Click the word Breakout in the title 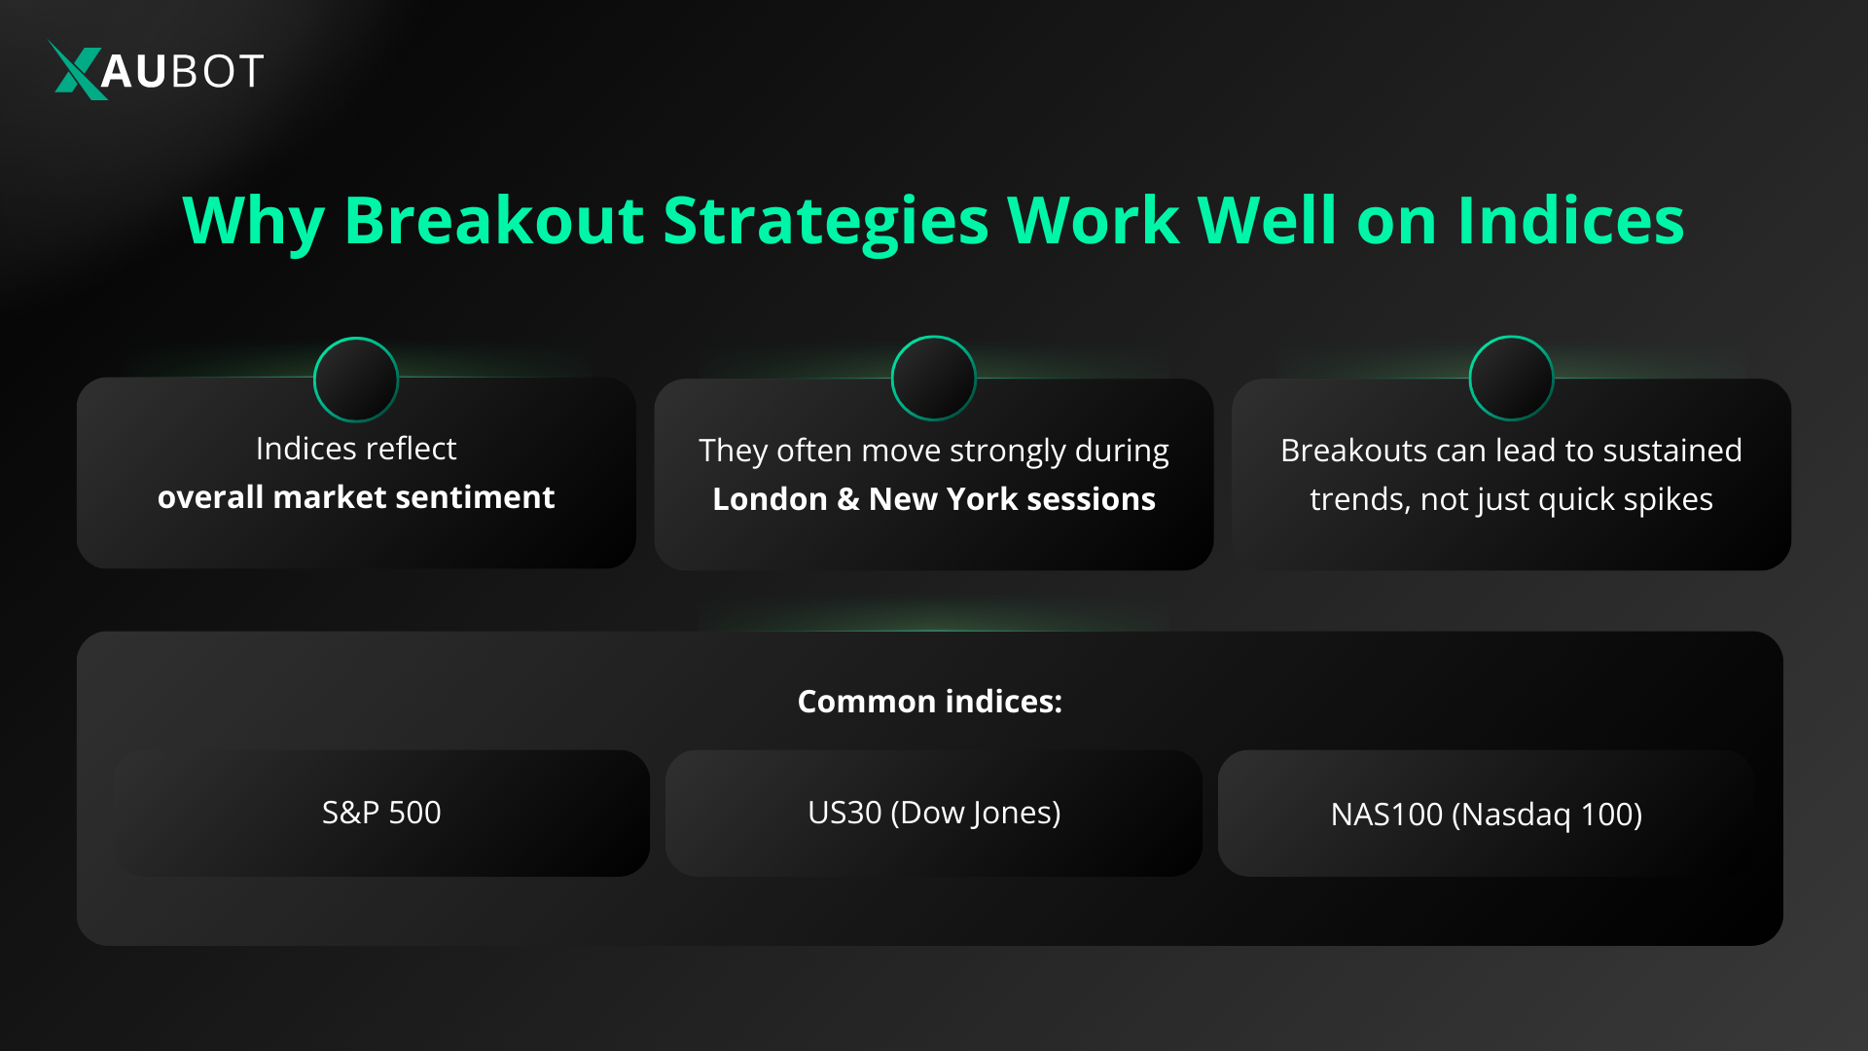point(493,221)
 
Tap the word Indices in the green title point(1570,221)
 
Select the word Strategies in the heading point(826,221)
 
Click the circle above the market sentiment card point(356,380)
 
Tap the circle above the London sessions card point(933,379)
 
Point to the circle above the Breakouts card point(1511,379)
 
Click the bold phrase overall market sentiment point(356,497)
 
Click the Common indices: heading point(929,702)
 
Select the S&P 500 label point(381,813)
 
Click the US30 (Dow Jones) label point(934,813)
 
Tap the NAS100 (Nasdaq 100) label point(1486,815)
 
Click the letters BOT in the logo point(216,71)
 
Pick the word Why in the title point(253,221)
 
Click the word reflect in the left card point(411,449)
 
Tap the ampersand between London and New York point(847,499)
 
